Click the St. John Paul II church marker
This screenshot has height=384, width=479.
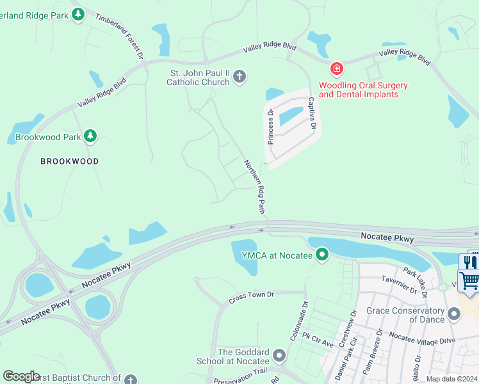coord(239,77)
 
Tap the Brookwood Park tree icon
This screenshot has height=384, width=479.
coord(90,136)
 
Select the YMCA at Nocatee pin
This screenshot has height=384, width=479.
coord(322,256)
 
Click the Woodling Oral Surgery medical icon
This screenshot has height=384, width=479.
coord(336,68)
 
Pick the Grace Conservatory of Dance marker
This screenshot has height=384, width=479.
coord(455,314)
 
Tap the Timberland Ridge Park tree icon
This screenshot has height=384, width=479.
coord(78,13)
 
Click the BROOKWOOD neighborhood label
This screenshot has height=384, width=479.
coord(70,161)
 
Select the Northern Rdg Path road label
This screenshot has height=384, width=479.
coord(254,186)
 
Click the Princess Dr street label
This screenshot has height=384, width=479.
coord(271,127)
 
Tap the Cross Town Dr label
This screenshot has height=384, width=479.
coord(251,296)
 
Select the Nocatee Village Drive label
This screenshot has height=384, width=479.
coord(422,339)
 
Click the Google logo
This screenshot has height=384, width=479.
coord(21,376)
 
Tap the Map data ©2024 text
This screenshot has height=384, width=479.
coord(451,379)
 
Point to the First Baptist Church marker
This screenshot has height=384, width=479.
coord(131,380)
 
